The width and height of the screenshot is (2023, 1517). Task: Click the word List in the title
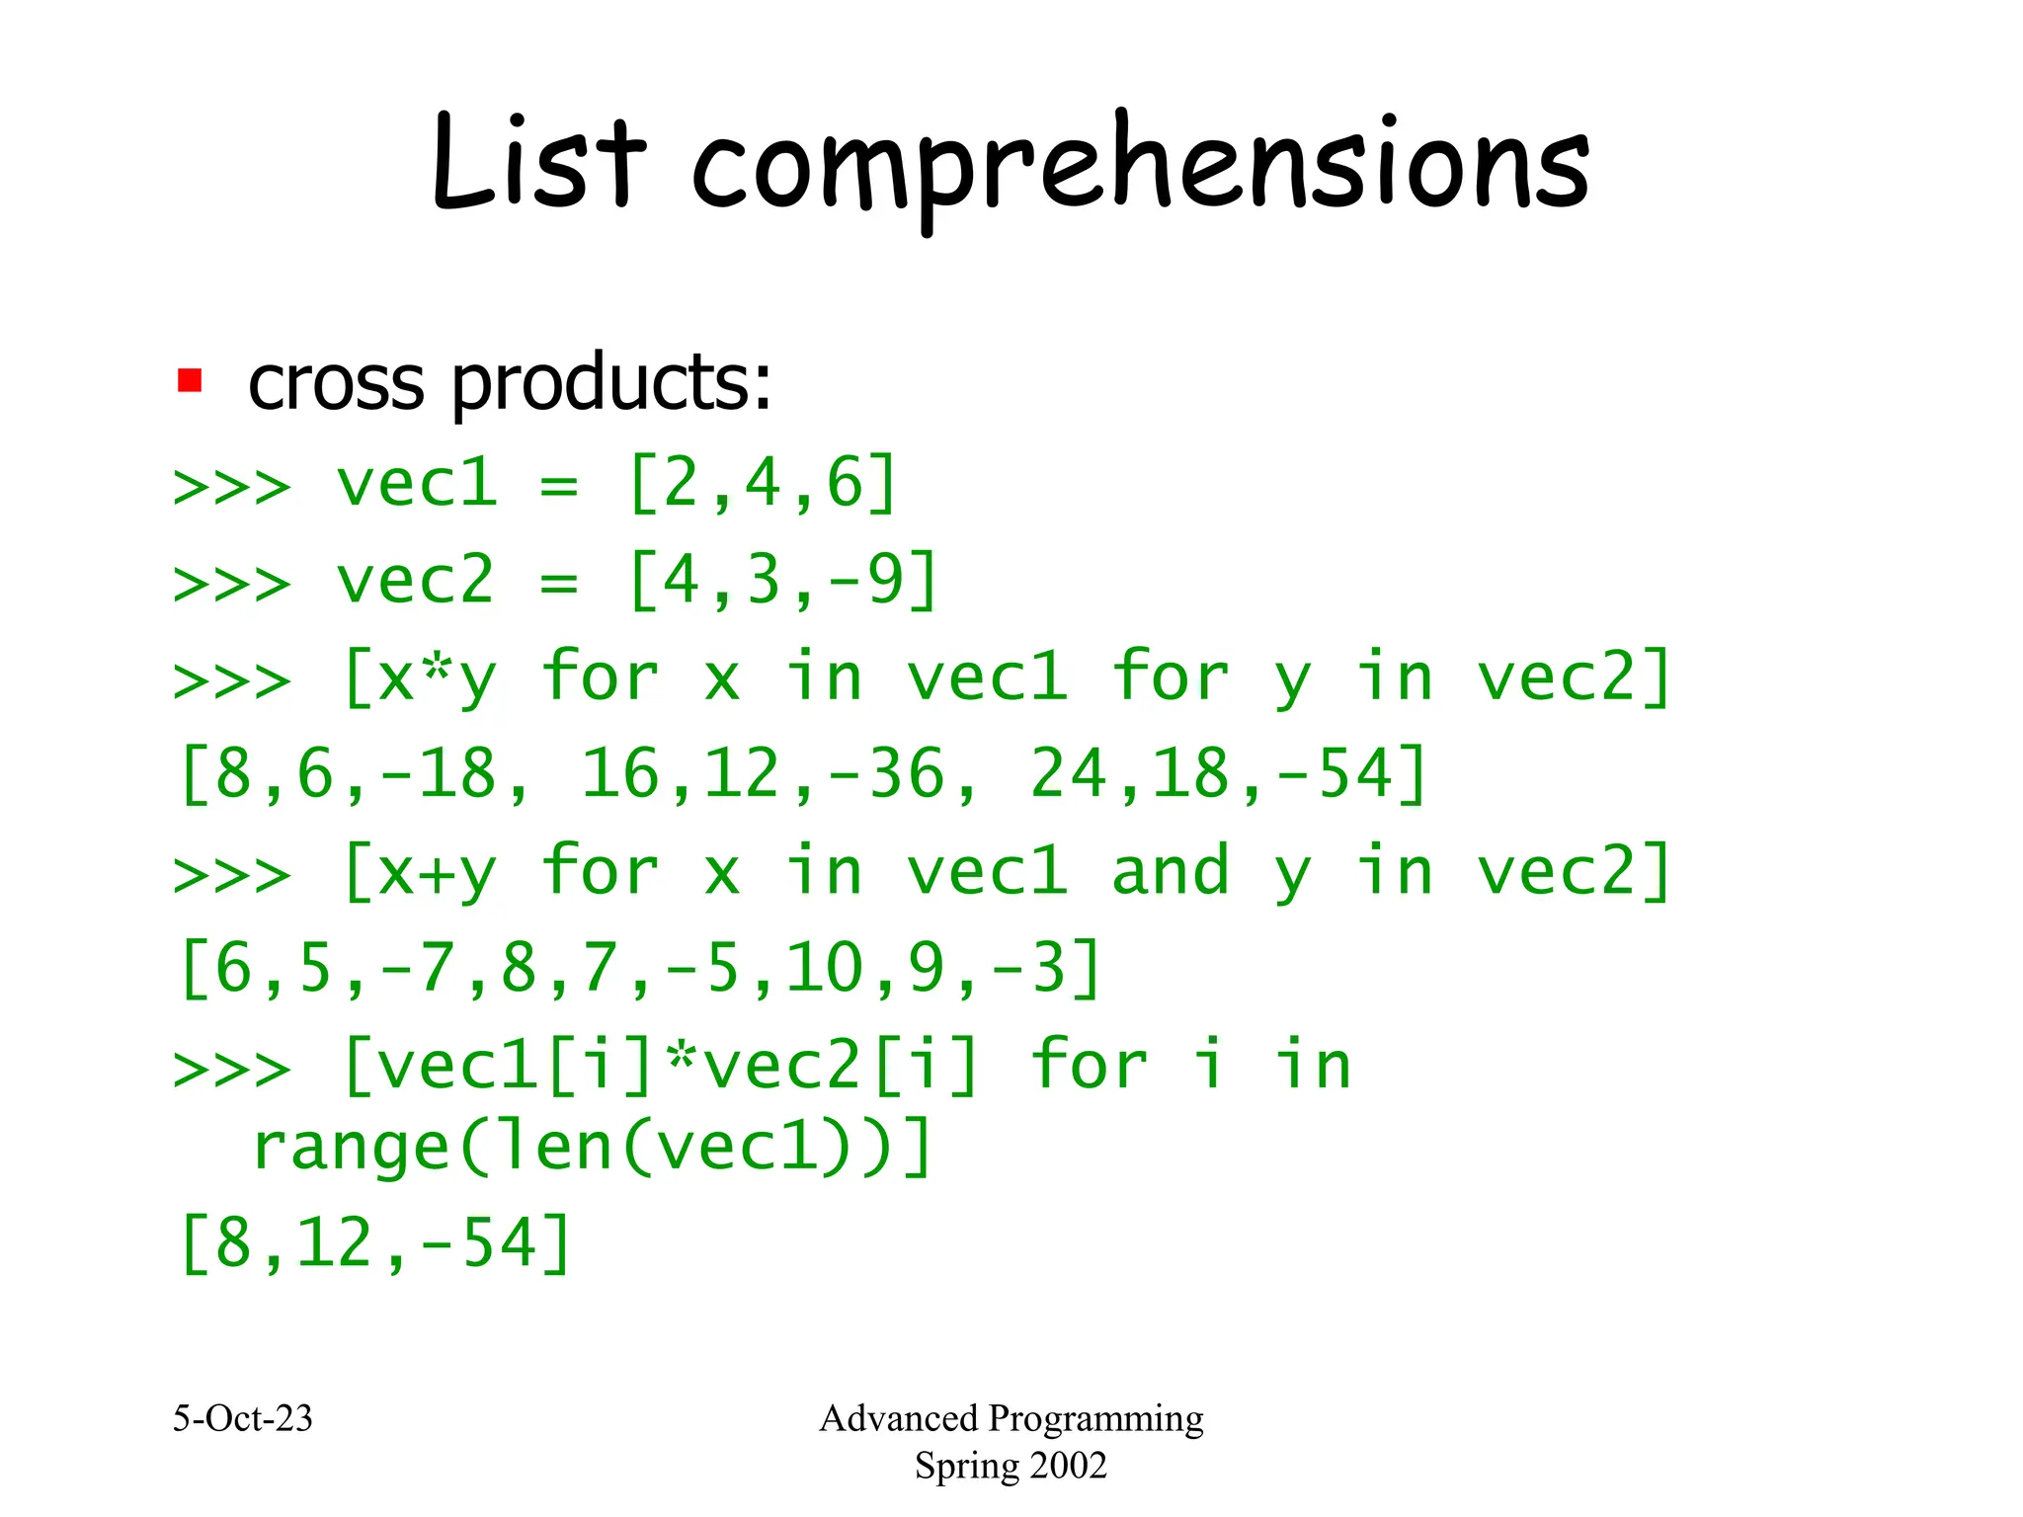[538, 163]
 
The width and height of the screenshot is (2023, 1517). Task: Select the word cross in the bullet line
[337, 383]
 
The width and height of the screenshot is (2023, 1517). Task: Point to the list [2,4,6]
[763, 484]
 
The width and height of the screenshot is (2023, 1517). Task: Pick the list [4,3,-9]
[782, 581]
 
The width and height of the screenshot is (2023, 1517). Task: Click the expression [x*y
[419, 679]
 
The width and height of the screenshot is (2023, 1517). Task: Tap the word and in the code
[1171, 871]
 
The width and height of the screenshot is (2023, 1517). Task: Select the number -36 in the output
[885, 774]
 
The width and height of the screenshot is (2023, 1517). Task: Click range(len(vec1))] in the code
[592, 1148]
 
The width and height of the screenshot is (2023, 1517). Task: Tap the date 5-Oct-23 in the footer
[243, 1419]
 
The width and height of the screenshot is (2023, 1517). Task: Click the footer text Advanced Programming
[1011, 1419]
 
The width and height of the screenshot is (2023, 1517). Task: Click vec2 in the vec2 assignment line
[415, 581]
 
